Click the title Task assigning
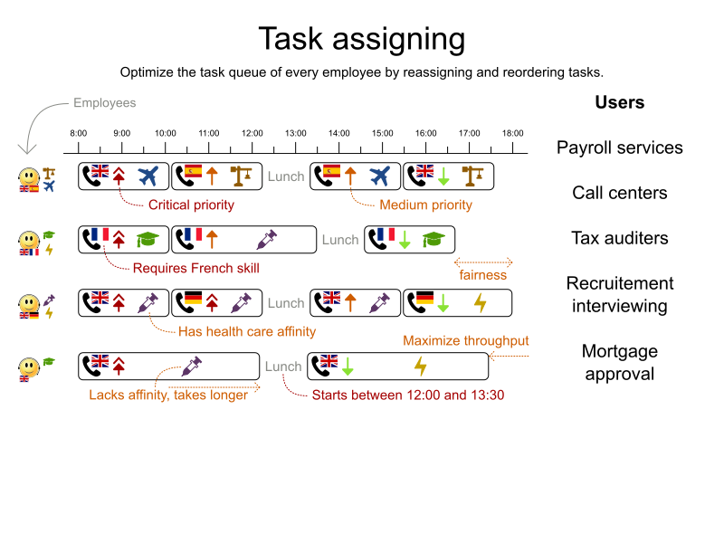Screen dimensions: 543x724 click(361, 39)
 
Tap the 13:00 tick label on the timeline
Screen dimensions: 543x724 click(295, 134)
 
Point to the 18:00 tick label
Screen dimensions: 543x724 click(513, 134)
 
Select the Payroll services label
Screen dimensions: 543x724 click(619, 148)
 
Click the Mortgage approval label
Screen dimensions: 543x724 click(619, 362)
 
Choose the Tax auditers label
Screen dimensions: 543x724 click(619, 238)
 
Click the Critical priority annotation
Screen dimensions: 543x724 click(191, 205)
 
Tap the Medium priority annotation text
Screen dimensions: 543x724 click(425, 205)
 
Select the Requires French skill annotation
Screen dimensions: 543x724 click(195, 268)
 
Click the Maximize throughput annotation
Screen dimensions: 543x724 click(465, 341)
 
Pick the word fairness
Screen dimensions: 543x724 click(482, 274)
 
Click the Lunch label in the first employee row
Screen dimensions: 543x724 click(286, 176)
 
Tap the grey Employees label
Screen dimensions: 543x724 click(104, 103)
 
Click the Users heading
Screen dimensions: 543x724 click(619, 102)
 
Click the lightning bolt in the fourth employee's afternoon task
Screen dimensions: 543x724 click(420, 367)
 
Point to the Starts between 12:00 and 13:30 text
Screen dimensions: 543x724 click(407, 395)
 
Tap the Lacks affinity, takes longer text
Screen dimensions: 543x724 click(167, 395)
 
